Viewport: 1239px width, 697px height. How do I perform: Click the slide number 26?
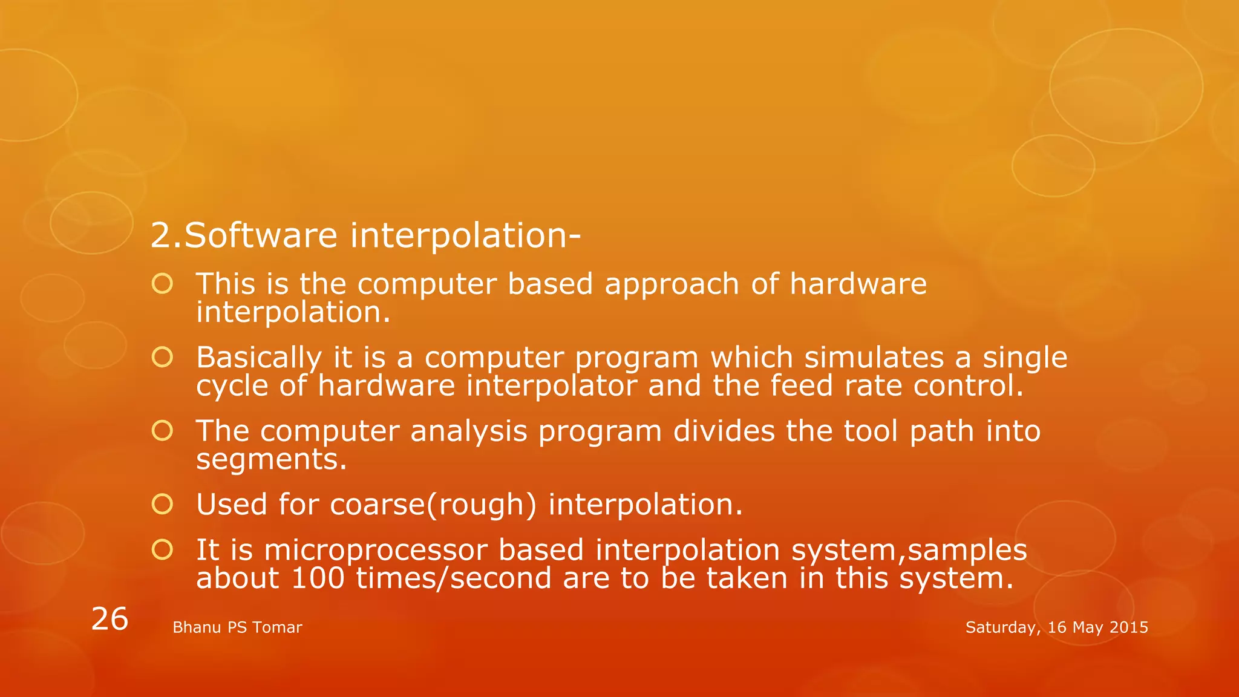(x=110, y=619)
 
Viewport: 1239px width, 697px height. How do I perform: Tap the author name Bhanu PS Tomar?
(x=237, y=627)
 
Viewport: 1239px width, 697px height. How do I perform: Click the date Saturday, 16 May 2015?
(x=1056, y=627)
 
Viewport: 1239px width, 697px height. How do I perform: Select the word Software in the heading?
(x=260, y=235)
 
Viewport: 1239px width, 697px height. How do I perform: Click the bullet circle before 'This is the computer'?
(x=162, y=284)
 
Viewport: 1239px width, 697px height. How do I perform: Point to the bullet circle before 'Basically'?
(x=162, y=358)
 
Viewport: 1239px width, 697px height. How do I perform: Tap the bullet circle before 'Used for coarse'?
(x=162, y=504)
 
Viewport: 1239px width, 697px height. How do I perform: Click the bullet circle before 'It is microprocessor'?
(x=162, y=550)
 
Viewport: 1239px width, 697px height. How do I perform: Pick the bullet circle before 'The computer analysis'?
(x=162, y=431)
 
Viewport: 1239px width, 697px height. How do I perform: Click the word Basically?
(x=258, y=358)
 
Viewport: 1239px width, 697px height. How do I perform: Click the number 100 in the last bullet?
(x=318, y=578)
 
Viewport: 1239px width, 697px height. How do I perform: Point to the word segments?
(x=271, y=459)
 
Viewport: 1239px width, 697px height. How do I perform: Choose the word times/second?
(x=454, y=578)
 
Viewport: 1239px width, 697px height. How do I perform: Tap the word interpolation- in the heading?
(x=465, y=235)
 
